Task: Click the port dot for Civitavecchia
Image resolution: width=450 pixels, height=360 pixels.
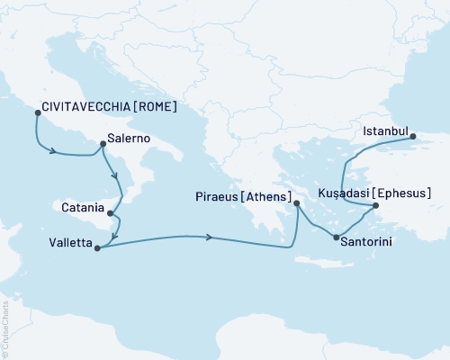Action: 37,112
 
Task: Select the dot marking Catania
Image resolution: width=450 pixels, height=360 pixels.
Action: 110,214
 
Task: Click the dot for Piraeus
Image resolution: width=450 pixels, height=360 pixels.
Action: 297,204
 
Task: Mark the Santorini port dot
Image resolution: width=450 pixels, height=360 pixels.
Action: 337,238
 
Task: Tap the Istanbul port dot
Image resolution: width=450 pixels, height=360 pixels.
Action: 413,137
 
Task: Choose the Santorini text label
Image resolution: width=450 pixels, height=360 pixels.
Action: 368,241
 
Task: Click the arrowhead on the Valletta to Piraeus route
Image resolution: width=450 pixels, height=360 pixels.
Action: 210,238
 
